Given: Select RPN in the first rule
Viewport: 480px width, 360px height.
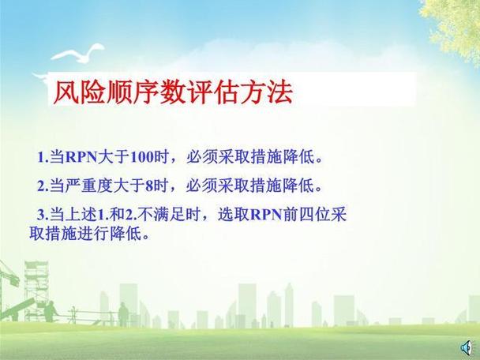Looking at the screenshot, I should (79, 156).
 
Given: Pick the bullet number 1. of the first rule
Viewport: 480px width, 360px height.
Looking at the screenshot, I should (43, 156).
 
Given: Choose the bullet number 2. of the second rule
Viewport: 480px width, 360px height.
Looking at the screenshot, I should (43, 186).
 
